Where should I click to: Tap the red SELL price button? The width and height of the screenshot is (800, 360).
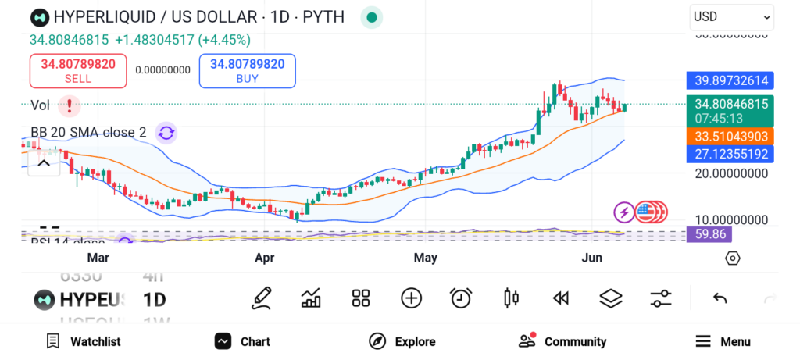tap(77, 71)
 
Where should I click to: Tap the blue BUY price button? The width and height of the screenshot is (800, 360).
tap(247, 71)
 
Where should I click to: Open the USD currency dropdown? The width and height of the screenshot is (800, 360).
tap(731, 16)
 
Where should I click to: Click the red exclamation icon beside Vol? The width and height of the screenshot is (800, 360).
tap(70, 105)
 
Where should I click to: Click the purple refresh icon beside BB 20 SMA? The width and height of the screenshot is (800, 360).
tap(166, 133)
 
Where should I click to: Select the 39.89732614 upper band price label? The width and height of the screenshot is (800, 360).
tap(730, 80)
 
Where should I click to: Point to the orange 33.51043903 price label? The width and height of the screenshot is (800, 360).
tap(730, 136)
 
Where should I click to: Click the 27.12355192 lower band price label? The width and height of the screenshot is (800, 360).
tap(730, 154)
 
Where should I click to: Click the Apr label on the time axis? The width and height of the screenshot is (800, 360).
tap(265, 257)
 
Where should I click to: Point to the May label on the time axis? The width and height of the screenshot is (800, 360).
tap(425, 257)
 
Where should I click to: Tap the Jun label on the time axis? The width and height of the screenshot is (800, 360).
tap(594, 257)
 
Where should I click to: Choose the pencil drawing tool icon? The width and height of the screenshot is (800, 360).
tap(262, 298)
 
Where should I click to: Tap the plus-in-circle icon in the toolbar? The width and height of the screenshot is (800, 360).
tap(411, 298)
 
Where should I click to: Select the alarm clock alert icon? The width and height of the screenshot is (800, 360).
tap(461, 298)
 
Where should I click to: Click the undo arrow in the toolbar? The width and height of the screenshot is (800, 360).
tap(720, 298)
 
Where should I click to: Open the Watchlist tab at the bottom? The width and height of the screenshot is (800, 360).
tap(84, 341)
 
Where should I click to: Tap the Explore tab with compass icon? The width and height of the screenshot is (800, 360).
tap(402, 341)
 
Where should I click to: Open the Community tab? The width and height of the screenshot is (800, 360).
tap(562, 341)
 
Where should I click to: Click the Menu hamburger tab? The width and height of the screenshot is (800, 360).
tap(723, 341)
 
